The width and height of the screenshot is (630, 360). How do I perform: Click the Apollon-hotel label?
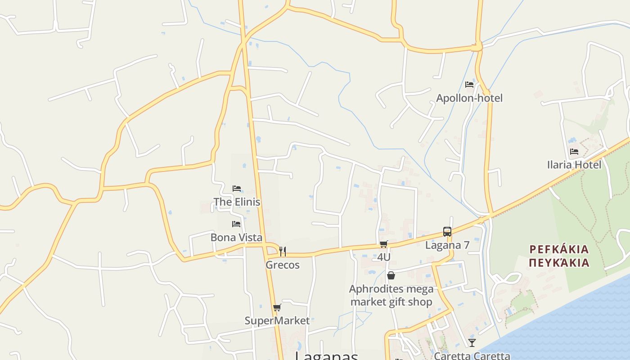point(469,98)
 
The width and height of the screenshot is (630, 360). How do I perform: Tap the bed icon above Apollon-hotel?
point(469,85)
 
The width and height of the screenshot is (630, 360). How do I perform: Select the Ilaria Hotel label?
point(574,165)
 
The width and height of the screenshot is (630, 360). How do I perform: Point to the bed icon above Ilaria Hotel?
point(574,152)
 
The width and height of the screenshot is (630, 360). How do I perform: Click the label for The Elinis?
point(237,202)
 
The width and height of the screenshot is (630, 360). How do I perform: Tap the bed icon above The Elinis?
point(237,188)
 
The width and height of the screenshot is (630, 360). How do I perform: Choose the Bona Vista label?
point(236,237)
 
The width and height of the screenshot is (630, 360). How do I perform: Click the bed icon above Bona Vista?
point(236,224)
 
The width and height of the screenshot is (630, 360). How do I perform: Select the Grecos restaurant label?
point(282,265)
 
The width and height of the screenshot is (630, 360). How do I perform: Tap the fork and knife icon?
point(282,251)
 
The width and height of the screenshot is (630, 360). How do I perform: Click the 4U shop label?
point(383,257)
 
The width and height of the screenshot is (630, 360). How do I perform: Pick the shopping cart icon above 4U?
point(383,244)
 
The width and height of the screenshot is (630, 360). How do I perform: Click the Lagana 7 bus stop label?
point(447,245)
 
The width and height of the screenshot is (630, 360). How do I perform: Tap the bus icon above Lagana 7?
point(447,232)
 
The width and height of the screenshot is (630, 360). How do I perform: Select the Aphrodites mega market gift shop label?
point(391,295)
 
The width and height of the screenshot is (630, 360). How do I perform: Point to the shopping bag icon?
point(391,275)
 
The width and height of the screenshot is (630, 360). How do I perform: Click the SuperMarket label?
point(277,321)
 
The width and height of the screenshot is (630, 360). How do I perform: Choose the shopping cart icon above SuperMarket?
point(277,308)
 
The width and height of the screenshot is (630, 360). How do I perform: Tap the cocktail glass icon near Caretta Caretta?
point(472,342)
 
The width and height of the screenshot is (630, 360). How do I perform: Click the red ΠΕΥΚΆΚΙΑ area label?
point(559,262)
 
